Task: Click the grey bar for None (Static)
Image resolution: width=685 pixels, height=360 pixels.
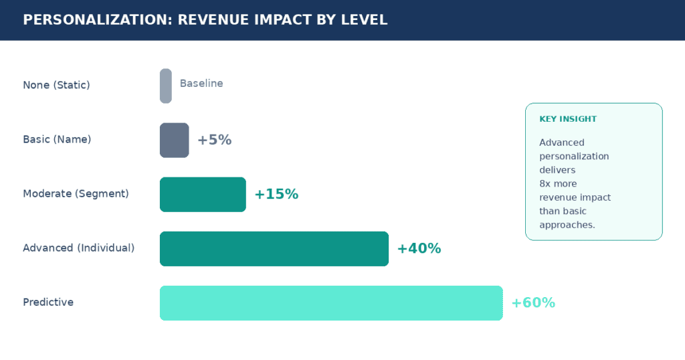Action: tap(166, 86)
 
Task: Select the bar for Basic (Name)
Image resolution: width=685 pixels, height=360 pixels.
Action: tap(175, 141)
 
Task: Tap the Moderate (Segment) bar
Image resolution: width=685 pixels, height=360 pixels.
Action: tap(203, 195)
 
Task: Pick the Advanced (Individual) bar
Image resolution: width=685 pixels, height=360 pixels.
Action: tap(274, 249)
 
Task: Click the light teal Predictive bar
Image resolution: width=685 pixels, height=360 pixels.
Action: tap(331, 303)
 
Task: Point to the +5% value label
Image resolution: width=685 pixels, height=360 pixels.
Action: tap(215, 140)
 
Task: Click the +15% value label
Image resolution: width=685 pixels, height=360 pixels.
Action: tap(276, 194)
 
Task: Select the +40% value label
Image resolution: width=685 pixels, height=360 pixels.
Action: tap(419, 248)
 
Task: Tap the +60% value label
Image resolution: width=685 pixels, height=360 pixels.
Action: tap(533, 302)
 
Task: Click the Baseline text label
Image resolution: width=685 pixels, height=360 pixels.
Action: tap(201, 83)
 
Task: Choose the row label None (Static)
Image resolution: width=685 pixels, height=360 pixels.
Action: tap(56, 85)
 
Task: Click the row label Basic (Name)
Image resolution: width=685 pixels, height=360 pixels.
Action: tap(57, 139)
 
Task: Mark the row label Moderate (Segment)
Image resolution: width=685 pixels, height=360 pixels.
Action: tap(76, 193)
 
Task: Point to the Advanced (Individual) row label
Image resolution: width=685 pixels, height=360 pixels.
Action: tap(79, 248)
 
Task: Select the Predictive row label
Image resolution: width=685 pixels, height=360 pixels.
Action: tap(48, 302)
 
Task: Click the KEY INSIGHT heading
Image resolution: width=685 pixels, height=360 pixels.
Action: tap(568, 119)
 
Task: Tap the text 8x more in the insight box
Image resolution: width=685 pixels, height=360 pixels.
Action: tap(558, 183)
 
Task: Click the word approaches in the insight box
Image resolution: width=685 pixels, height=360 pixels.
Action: tap(566, 225)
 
